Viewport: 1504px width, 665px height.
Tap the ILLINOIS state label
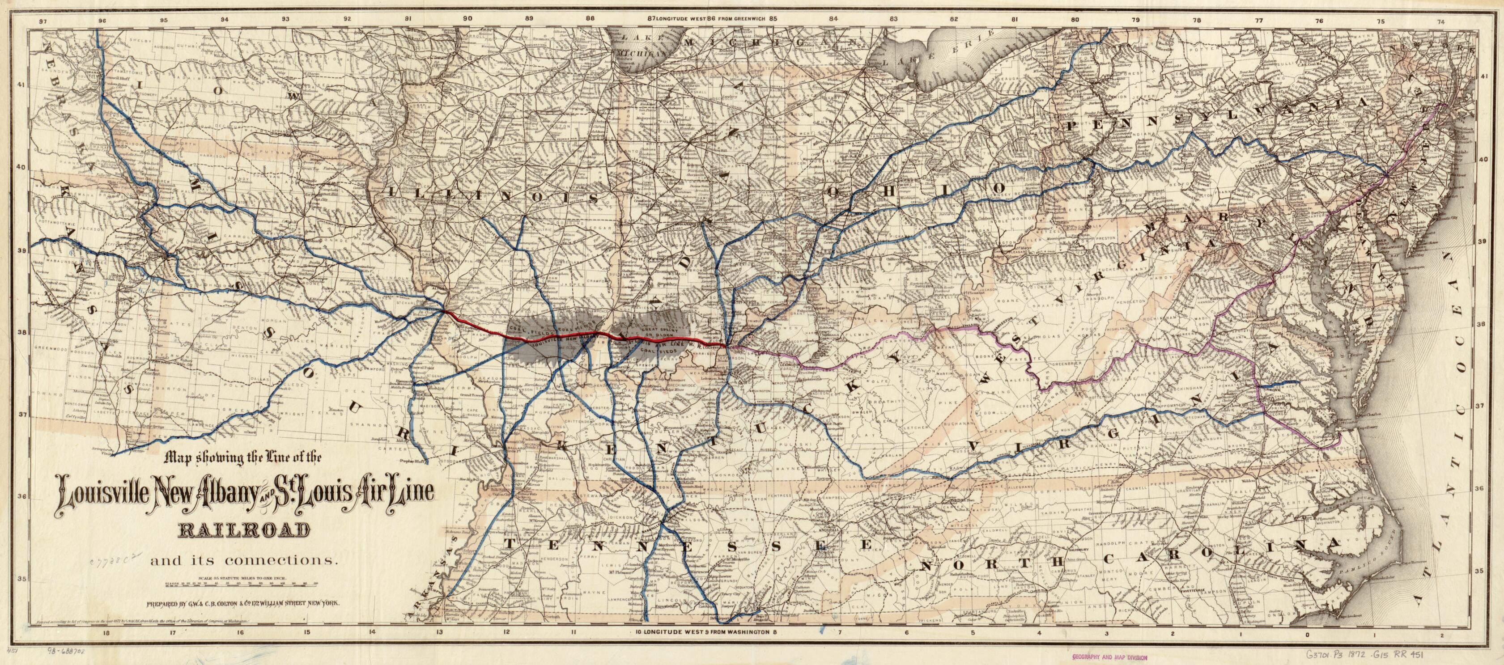(x=493, y=195)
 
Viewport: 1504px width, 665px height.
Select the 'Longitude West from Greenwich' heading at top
(x=710, y=18)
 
